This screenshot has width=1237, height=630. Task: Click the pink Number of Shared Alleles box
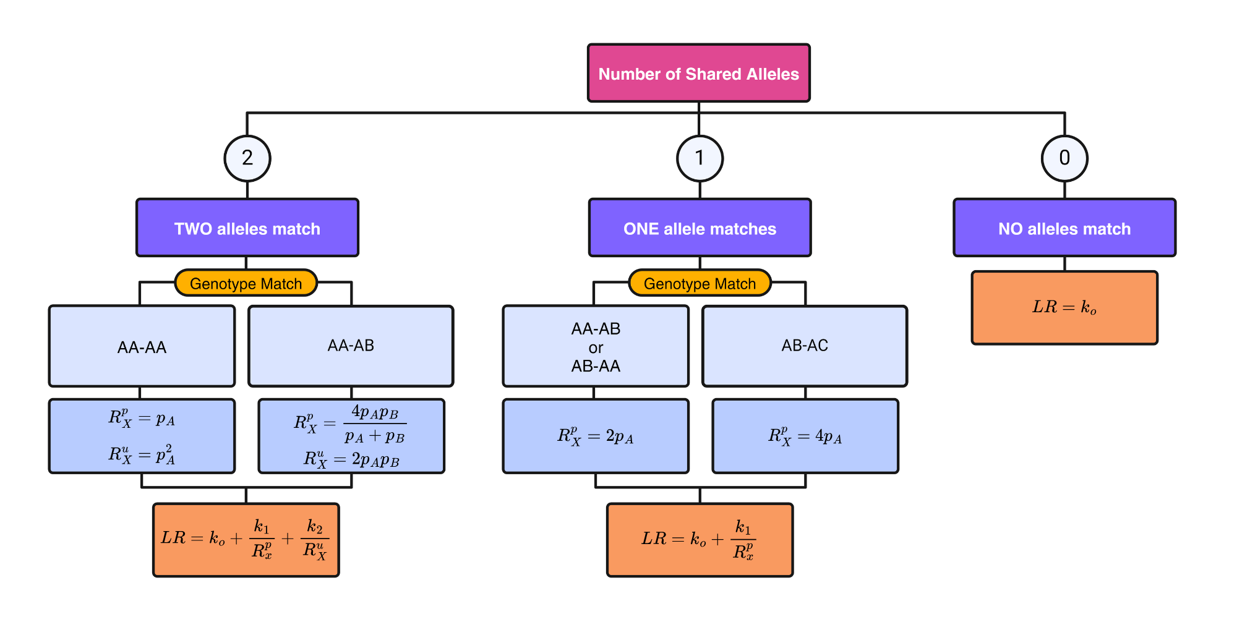pyautogui.click(x=698, y=73)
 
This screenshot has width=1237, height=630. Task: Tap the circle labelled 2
pyautogui.click(x=247, y=158)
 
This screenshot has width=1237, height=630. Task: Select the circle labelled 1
pyautogui.click(x=700, y=158)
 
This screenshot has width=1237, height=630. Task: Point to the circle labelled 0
pyautogui.click(x=1064, y=158)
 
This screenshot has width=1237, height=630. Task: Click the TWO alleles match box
pyautogui.click(x=247, y=228)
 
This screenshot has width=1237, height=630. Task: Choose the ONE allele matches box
pyautogui.click(x=700, y=228)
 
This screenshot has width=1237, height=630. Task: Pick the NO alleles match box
pyautogui.click(x=1064, y=228)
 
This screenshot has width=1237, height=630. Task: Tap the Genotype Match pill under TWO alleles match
pyautogui.click(x=246, y=283)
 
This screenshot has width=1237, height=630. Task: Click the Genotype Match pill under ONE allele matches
pyautogui.click(x=700, y=283)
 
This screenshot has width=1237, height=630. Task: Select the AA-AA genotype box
pyautogui.click(x=142, y=346)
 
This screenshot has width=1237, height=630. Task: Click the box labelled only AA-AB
pyautogui.click(x=351, y=346)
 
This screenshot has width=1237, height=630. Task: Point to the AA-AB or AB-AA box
pyautogui.click(x=596, y=346)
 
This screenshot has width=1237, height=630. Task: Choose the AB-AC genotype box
pyautogui.click(x=805, y=346)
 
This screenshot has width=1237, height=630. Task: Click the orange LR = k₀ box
pyautogui.click(x=1064, y=308)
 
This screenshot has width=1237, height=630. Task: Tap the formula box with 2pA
pyautogui.click(x=596, y=436)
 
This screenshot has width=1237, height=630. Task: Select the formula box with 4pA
pyautogui.click(x=805, y=436)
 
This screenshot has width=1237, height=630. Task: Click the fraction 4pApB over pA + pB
pyautogui.click(x=375, y=424)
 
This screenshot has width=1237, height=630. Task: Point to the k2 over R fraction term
pyautogui.click(x=314, y=539)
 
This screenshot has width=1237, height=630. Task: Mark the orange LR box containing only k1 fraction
pyautogui.click(x=700, y=540)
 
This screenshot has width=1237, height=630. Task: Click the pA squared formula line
pyautogui.click(x=142, y=455)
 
